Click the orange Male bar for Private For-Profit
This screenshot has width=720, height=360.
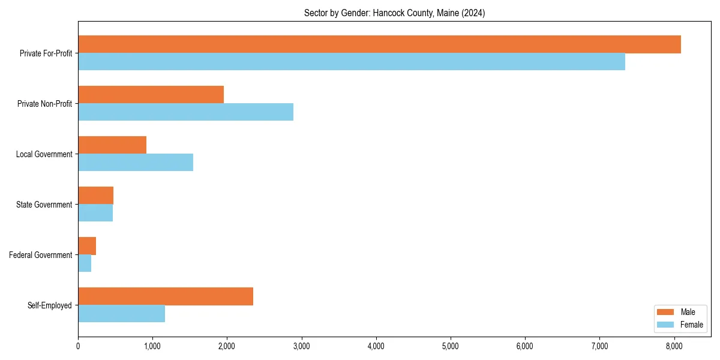(379, 44)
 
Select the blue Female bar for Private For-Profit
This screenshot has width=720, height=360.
(352, 62)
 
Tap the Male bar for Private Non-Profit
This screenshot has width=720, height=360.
(151, 95)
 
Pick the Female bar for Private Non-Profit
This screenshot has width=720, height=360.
(185, 112)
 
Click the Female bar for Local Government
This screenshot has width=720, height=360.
(136, 163)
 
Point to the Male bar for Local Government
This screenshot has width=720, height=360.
(112, 145)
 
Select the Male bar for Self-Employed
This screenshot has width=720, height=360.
(166, 296)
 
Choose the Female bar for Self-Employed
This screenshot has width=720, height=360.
(121, 314)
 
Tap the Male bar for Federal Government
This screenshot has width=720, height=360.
(87, 246)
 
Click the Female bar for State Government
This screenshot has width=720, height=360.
(95, 213)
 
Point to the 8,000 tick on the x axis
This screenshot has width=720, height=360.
(674, 346)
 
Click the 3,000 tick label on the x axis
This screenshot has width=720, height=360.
(301, 346)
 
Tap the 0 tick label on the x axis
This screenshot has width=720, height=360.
(78, 346)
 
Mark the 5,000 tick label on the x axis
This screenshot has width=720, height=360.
(450, 346)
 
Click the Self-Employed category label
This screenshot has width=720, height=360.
(50, 305)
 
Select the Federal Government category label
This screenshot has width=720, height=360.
(41, 255)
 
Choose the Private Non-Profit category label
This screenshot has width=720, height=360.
(44, 104)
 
